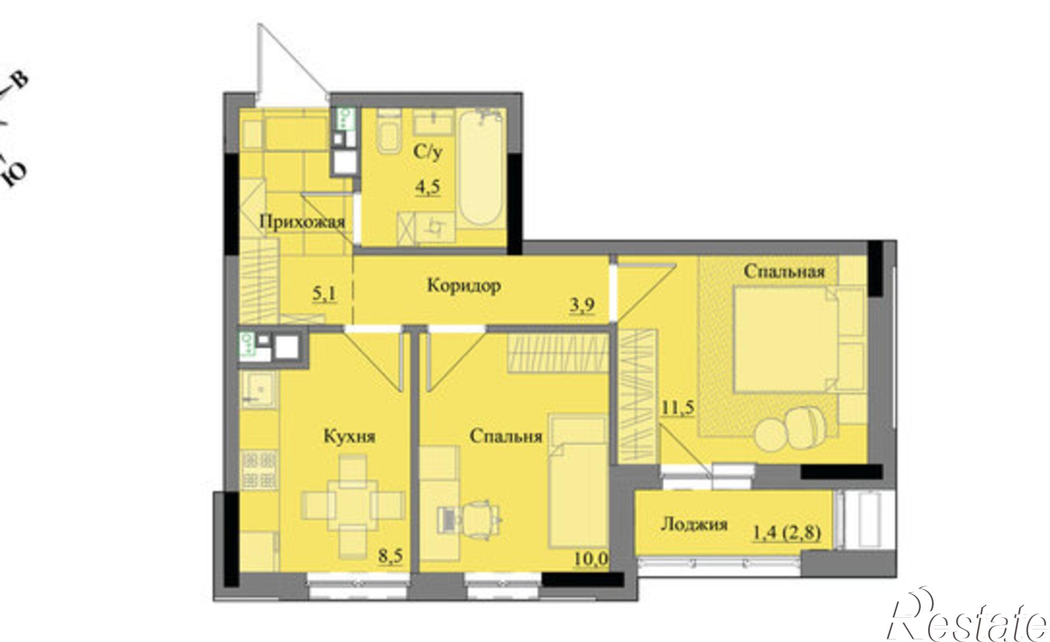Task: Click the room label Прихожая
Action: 303,223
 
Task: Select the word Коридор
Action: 464,286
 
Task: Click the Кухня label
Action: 349,437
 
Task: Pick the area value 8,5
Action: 391,555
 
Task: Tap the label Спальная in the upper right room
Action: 784,271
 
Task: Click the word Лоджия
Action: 694,524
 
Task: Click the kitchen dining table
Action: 352,507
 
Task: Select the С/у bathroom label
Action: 428,152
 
